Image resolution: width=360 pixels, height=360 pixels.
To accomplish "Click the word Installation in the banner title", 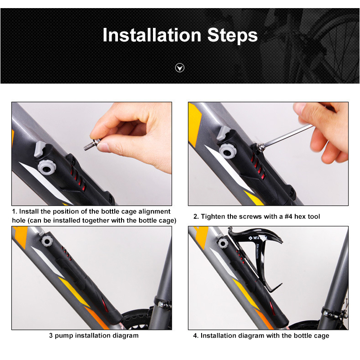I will tap(151, 35).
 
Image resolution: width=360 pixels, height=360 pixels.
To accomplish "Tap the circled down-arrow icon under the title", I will tap(180, 68).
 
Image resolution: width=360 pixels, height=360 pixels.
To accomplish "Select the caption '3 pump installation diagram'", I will tap(94, 335).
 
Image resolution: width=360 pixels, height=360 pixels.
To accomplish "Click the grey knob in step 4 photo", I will tap(222, 243).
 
